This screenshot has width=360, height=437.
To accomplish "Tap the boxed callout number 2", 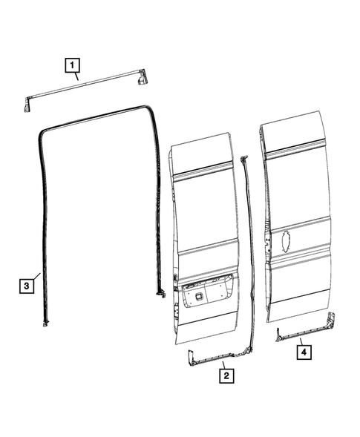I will coord(225,376).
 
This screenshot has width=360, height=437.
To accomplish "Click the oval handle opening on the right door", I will coord(284,242).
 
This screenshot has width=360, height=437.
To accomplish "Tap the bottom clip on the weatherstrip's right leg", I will coord(160,292).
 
